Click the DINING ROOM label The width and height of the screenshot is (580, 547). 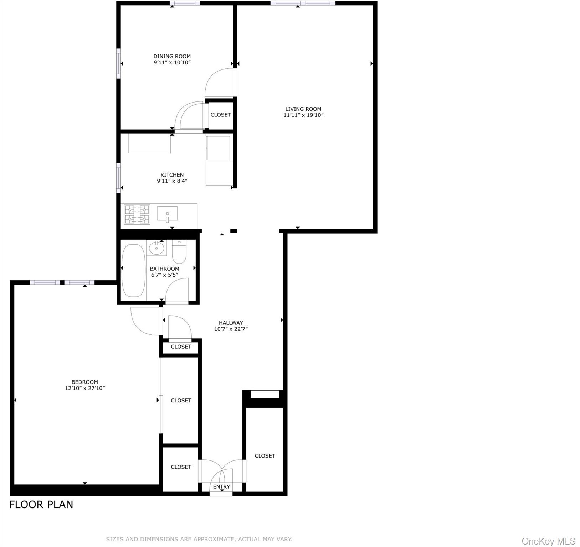coord(172,56)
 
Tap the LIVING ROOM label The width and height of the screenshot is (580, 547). coord(303,109)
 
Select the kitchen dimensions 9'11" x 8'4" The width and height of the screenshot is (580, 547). coord(172,181)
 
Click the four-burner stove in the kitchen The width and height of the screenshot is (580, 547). coord(137,214)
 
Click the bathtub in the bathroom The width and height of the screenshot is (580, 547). coord(133,270)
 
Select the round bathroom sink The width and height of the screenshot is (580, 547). coord(156,248)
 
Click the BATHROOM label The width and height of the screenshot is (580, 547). coord(164,269)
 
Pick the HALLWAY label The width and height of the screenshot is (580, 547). coord(231,323)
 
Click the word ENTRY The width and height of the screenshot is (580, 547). coord(221,487)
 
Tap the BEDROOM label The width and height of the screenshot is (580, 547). coord(84,382)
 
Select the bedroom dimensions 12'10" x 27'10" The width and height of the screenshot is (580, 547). coord(85,388)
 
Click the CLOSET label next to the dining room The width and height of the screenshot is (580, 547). coord(220,115)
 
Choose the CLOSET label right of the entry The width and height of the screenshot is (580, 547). coord(265,456)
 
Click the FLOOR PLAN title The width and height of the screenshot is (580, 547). coord(41,505)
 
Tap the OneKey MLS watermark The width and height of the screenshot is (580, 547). coord(548,541)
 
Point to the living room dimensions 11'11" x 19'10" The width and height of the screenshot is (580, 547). coord(303,115)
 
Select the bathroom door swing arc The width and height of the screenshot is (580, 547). coord(177,290)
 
